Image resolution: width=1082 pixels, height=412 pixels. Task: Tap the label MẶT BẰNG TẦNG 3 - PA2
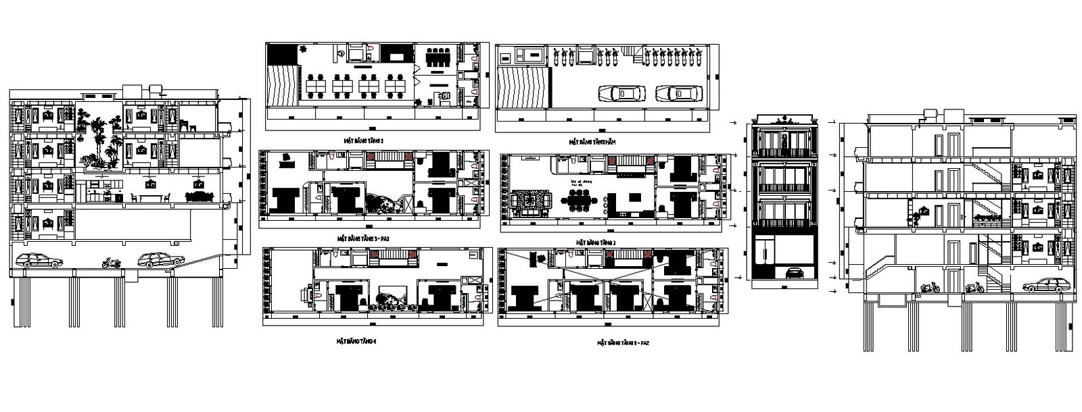(x=623, y=342)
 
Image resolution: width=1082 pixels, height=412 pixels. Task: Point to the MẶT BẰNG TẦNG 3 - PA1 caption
(x=362, y=238)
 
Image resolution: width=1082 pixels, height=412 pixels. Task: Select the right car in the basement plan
(x=678, y=93)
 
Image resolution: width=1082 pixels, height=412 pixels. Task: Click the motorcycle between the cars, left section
(x=111, y=263)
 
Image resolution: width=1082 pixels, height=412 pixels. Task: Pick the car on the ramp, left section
(x=161, y=259)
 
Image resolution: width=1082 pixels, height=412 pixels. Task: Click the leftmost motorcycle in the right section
(x=928, y=287)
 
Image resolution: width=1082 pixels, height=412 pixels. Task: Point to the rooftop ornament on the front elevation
(x=784, y=120)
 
